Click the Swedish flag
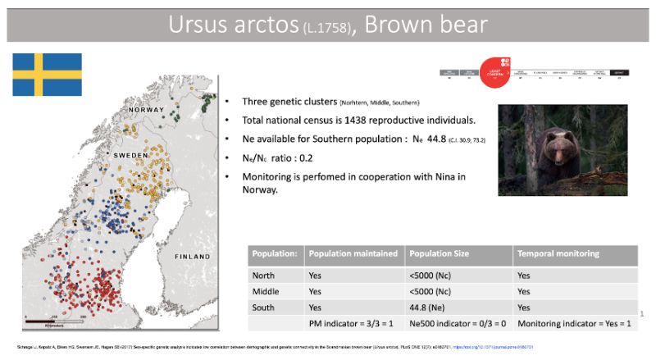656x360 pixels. (47, 74)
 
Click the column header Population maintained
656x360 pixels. (355, 254)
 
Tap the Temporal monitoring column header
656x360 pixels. (558, 254)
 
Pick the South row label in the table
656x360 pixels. (265, 308)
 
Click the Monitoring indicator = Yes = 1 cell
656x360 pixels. (574, 325)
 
